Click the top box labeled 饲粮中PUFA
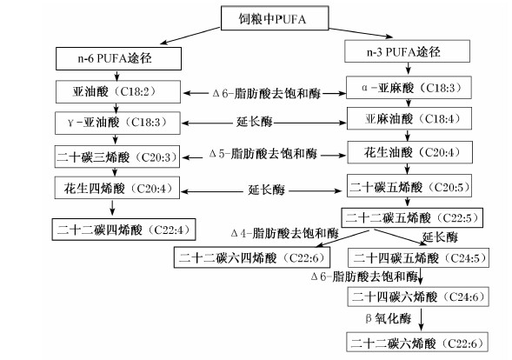coord(275,18)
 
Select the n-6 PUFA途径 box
coord(118,58)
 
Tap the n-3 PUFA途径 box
coord(407,51)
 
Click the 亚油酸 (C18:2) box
coord(118,92)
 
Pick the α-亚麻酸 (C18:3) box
coord(409,88)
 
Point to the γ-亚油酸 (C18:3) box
coord(117,123)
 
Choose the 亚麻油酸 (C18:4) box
coord(409,118)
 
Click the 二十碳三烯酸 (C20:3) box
coord(117,157)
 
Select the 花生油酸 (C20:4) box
coord(409,152)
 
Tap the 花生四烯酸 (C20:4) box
coord(117,188)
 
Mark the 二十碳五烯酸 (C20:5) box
coord(409,185)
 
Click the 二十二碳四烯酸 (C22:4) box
coord(123,230)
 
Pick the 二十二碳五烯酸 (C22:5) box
coord(412,217)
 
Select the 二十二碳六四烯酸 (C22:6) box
coord(252,257)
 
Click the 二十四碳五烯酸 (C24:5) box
coord(419,257)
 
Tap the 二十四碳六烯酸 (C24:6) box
coord(418,297)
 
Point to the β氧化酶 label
coord(389,318)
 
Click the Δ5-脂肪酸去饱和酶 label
coord(263,154)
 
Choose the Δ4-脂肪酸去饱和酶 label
coord(285,233)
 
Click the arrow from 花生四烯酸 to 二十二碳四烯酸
coord(113,208)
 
